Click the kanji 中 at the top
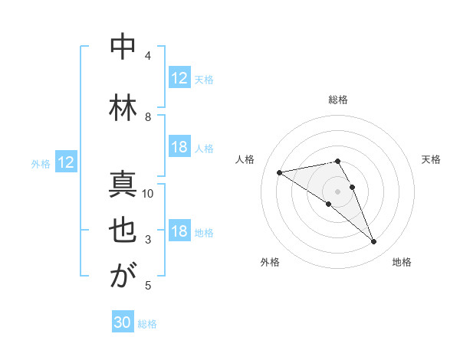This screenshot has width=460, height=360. (123, 47)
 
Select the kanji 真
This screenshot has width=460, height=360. (123, 185)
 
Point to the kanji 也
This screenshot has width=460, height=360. (123, 232)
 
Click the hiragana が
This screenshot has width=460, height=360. (123, 277)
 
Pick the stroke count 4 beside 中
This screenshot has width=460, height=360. (148, 56)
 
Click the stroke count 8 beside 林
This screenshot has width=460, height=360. (148, 116)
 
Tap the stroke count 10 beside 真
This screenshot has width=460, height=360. (149, 193)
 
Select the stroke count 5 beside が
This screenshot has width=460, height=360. (148, 286)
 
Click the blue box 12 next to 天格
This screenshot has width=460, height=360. (179, 78)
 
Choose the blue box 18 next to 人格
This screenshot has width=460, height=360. (179, 148)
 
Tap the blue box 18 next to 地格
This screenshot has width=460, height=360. (179, 232)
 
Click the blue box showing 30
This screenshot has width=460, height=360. (123, 322)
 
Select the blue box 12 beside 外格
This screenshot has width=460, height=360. (66, 162)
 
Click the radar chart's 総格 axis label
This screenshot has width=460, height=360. (338, 100)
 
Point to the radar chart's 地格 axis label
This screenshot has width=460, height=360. (402, 262)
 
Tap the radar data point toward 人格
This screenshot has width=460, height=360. (279, 172)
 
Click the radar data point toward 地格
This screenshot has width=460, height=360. (373, 242)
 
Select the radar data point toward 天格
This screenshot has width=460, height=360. (352, 187)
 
